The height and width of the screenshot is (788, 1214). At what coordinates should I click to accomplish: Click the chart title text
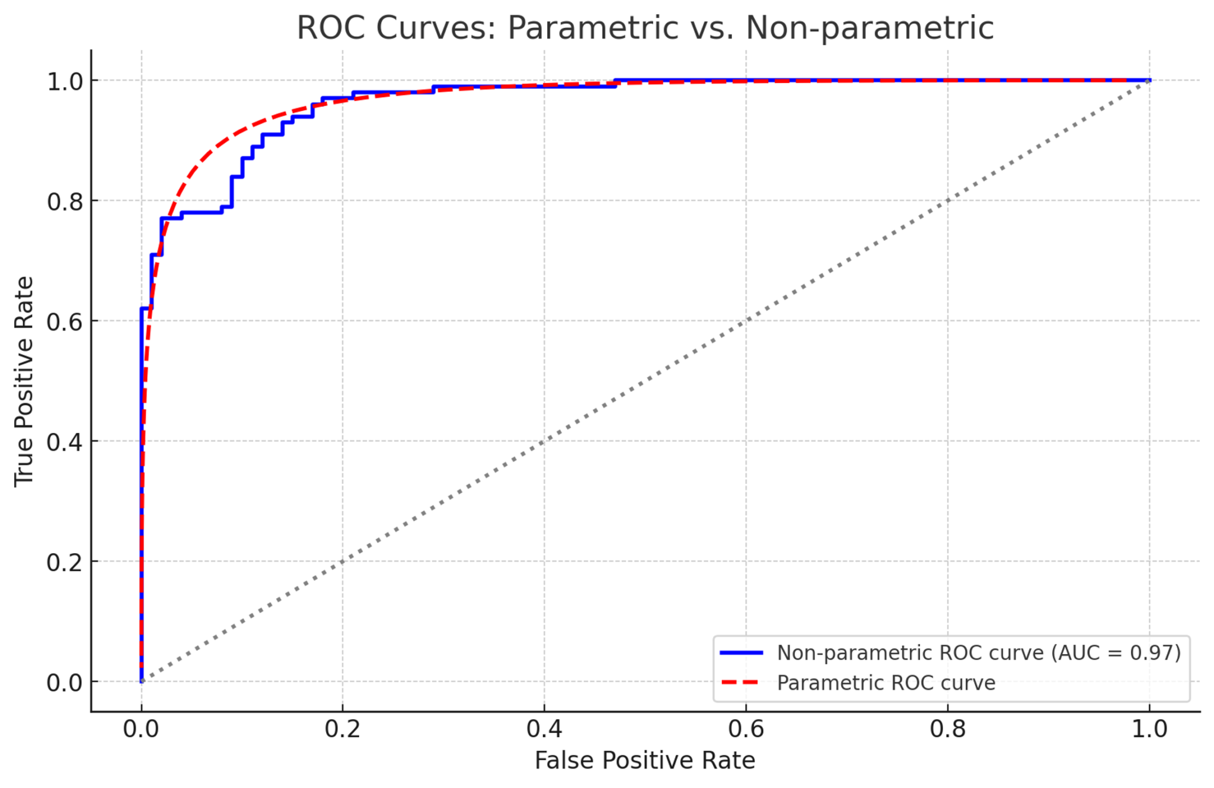pos(645,28)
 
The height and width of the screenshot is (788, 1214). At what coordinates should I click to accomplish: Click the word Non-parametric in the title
pos(870,28)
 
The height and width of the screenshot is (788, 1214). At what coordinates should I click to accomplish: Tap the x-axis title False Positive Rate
pos(645,760)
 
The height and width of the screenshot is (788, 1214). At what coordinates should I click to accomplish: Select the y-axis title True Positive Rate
pos(24,381)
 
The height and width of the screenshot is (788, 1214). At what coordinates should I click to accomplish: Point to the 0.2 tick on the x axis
pos(343,729)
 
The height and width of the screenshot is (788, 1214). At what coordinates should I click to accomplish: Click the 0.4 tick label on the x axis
pos(544,729)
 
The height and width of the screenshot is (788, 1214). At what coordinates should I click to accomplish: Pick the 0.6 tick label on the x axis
pos(746,729)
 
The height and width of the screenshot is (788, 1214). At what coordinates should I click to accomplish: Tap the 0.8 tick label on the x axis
pos(947,729)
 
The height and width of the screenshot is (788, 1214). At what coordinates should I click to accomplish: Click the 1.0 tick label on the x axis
pos(1149,729)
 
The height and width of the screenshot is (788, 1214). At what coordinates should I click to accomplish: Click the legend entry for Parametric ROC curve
pos(886,683)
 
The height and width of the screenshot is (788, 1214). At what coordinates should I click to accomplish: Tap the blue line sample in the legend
pos(741,653)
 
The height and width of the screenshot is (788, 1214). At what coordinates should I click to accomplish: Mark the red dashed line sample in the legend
pos(741,683)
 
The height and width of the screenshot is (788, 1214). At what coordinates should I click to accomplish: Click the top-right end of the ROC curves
pos(1149,80)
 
